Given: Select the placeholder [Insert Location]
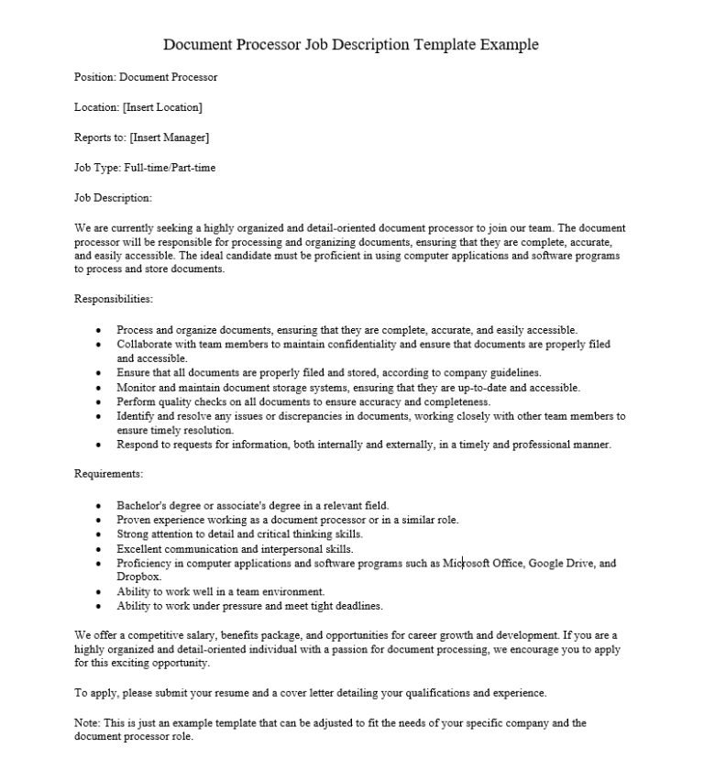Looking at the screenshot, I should click(162, 107).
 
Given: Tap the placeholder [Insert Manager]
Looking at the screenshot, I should click(170, 137).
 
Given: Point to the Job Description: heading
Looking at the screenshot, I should click(113, 197).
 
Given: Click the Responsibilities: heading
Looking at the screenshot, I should click(113, 298).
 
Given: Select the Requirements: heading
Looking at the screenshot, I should click(108, 474).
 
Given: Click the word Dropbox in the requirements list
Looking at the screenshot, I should click(138, 577).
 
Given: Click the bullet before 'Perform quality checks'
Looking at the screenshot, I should click(99, 401).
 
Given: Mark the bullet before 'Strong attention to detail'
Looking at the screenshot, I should click(99, 533).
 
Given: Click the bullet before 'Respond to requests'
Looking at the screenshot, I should click(99, 445).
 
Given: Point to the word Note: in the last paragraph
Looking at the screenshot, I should click(87, 722).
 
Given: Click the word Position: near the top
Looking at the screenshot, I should click(94, 78).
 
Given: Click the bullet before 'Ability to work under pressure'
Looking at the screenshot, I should click(99, 606).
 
